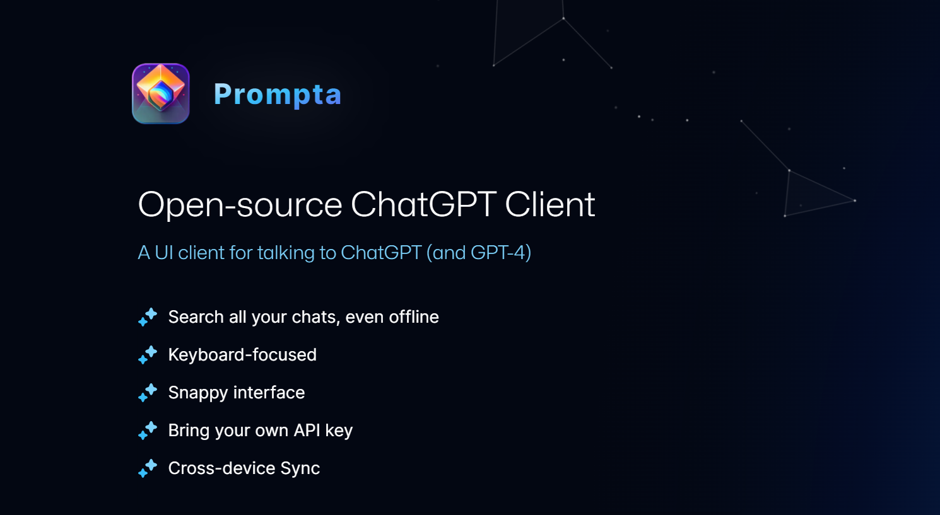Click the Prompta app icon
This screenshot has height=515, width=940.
161,93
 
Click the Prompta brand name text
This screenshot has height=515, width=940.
278,95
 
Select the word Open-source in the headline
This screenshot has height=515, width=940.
240,205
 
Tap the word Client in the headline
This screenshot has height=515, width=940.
549,205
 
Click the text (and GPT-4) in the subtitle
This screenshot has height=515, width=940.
479,253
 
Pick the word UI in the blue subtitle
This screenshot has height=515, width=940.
163,253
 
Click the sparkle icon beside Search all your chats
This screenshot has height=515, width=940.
148,317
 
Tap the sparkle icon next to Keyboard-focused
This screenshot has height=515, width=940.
148,355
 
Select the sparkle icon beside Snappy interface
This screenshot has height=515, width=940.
148,393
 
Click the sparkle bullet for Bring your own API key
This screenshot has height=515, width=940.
148,431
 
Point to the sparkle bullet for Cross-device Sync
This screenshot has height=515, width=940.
148,468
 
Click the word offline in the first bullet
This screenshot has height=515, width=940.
413,317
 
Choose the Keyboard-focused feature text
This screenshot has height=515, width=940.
242,355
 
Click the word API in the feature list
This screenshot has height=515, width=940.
307,431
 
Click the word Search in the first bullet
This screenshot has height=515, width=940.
196,317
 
